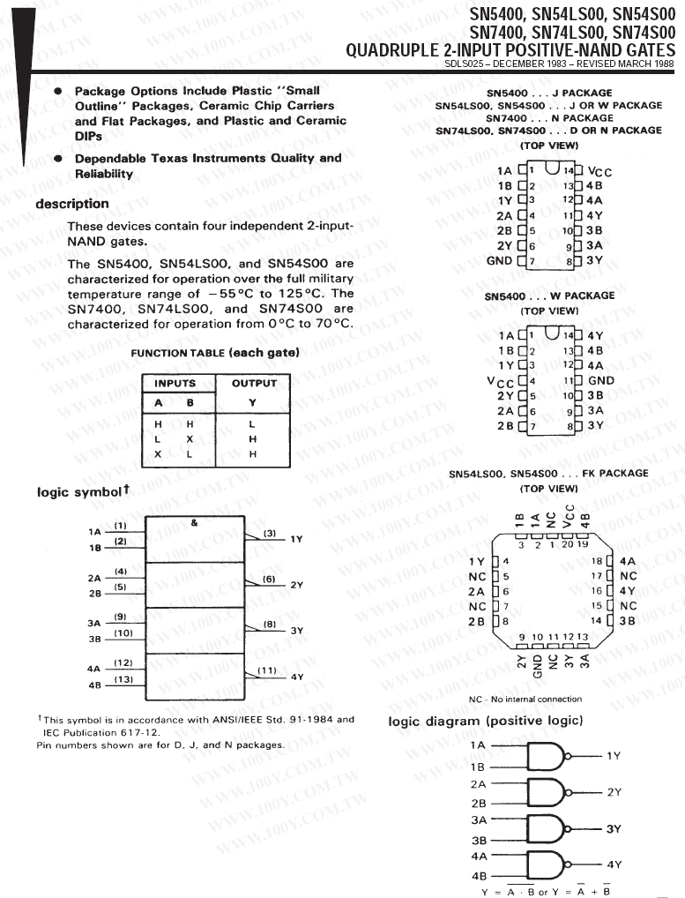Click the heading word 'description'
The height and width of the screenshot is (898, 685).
click(x=72, y=204)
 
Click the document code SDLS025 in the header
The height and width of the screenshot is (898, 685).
click(x=465, y=64)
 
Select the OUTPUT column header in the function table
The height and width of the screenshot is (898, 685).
click(x=254, y=384)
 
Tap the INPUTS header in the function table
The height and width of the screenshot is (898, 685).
click(x=175, y=384)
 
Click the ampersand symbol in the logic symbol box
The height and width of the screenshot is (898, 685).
click(x=194, y=522)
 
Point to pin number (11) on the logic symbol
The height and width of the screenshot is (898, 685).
click(x=267, y=670)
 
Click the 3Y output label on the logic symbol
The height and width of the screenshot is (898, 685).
click(x=296, y=631)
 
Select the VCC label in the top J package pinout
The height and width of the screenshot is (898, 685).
click(x=599, y=172)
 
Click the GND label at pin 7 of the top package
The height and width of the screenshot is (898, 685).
click(x=499, y=261)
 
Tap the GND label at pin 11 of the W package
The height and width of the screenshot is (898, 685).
click(x=601, y=381)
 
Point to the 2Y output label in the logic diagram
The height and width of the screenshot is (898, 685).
click(x=614, y=792)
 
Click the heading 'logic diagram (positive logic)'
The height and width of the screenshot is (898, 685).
click(x=486, y=722)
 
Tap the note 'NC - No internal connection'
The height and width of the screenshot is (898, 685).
click(x=525, y=700)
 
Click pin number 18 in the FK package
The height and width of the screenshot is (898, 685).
click(x=596, y=561)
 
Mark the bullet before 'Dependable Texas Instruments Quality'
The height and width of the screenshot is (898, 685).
click(x=58, y=159)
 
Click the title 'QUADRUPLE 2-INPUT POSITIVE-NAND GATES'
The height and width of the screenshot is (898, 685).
click(x=510, y=50)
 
